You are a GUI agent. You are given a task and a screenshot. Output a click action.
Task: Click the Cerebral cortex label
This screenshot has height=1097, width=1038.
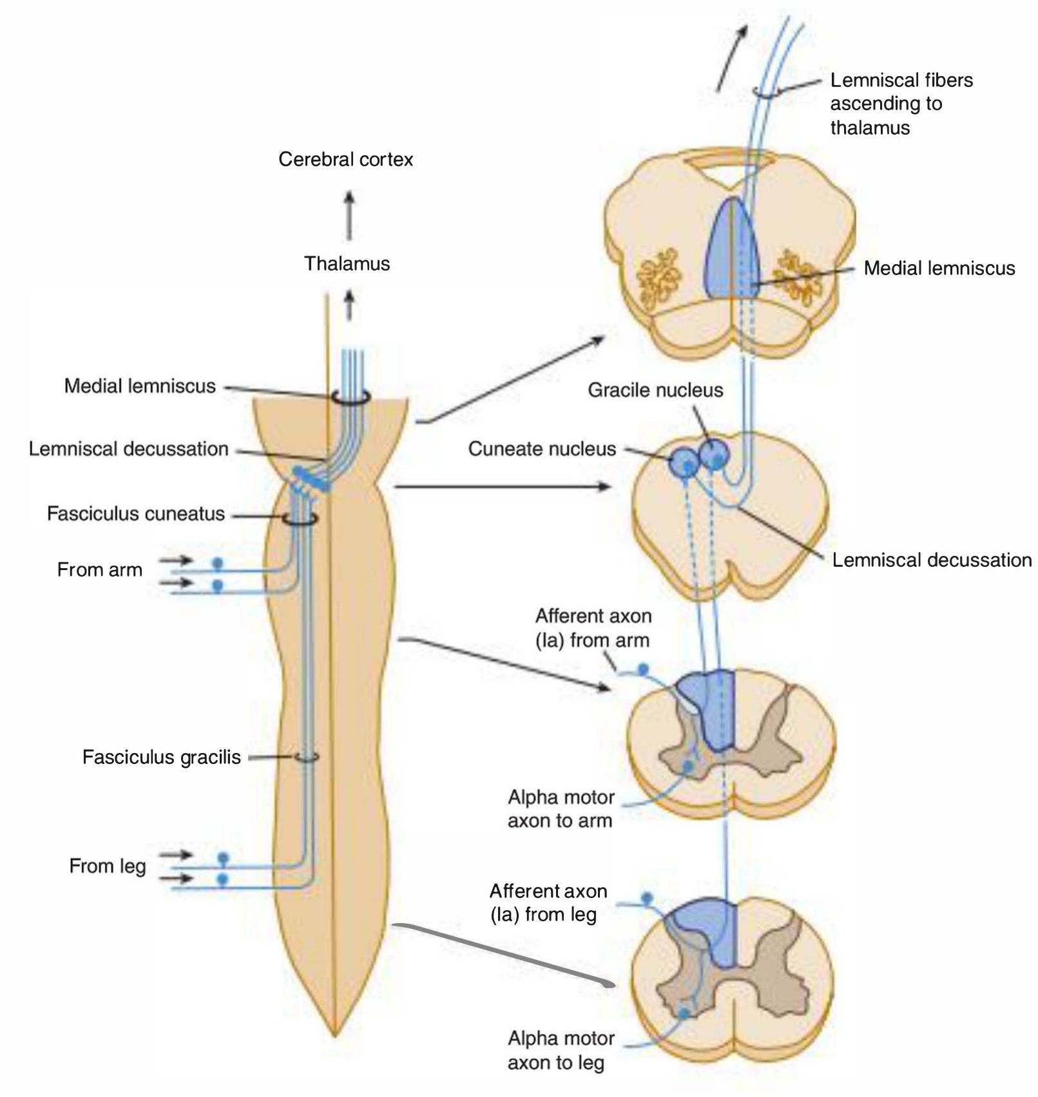click(345, 159)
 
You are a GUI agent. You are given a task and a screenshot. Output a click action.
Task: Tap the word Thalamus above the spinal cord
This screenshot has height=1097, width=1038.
click(347, 263)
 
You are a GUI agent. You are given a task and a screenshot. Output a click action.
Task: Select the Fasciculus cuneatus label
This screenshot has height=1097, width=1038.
click(136, 513)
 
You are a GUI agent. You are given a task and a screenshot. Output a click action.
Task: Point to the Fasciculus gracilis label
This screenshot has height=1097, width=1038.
click(162, 757)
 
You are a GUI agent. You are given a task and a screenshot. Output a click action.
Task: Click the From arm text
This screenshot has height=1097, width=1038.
click(100, 569)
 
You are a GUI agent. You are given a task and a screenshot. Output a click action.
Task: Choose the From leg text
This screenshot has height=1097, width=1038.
click(108, 866)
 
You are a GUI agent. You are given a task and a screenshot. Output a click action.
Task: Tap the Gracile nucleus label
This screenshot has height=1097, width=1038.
click(655, 390)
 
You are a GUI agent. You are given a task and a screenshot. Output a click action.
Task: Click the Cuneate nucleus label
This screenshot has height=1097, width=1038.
click(542, 448)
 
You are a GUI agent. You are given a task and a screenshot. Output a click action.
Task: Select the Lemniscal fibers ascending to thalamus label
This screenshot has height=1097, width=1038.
click(901, 104)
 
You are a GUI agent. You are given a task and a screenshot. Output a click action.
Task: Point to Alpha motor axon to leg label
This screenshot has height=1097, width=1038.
click(561, 1050)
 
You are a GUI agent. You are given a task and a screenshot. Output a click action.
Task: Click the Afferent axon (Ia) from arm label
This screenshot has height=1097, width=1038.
click(593, 628)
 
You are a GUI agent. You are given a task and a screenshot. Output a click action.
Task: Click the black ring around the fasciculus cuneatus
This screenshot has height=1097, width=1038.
click(300, 519)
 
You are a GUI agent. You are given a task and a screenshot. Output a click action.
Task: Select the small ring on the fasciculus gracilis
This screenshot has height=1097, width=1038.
click(307, 758)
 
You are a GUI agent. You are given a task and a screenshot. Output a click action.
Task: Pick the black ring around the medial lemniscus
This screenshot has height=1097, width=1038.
click(351, 397)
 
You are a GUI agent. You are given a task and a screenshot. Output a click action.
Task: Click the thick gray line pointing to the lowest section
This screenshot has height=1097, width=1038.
click(504, 956)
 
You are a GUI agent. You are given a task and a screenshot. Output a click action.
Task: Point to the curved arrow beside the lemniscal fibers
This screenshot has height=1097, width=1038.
click(733, 58)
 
